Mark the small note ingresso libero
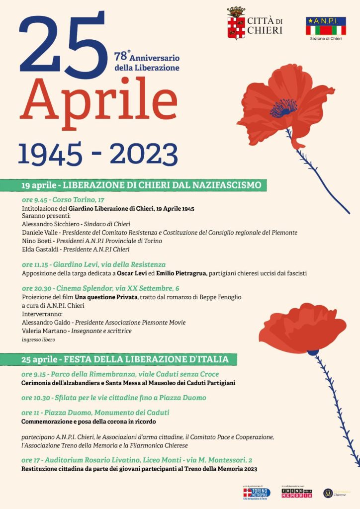tap(38, 339)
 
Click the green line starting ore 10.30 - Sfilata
tap(114, 398)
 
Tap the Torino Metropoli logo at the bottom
tap(257, 493)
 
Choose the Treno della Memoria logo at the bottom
tap(296, 493)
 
